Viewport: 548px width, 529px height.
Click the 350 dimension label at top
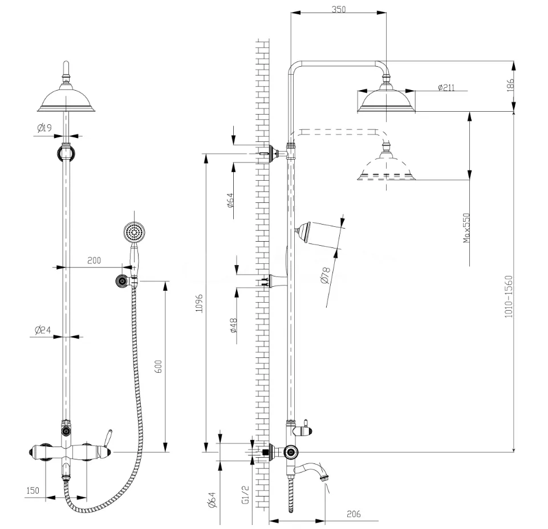(x=338, y=9)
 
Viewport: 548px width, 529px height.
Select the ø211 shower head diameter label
(x=446, y=87)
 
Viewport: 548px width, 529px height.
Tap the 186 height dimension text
(x=510, y=86)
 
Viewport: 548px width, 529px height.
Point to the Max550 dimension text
(x=466, y=228)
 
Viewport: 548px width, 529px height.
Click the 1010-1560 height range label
(x=509, y=296)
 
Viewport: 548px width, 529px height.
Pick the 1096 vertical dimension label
(x=199, y=303)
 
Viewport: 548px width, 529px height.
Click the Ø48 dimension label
(x=233, y=325)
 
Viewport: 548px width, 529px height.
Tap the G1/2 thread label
(x=246, y=494)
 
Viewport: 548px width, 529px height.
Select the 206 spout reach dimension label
(x=354, y=514)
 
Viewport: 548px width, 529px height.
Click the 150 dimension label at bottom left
(x=33, y=490)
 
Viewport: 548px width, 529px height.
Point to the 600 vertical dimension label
(x=159, y=367)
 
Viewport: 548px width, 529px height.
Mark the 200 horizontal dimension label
(x=94, y=261)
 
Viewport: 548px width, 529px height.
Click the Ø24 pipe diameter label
(x=43, y=329)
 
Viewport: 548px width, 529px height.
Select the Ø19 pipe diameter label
(x=44, y=128)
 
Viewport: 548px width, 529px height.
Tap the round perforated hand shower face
(x=134, y=232)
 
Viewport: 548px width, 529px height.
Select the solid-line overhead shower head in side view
(x=386, y=96)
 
